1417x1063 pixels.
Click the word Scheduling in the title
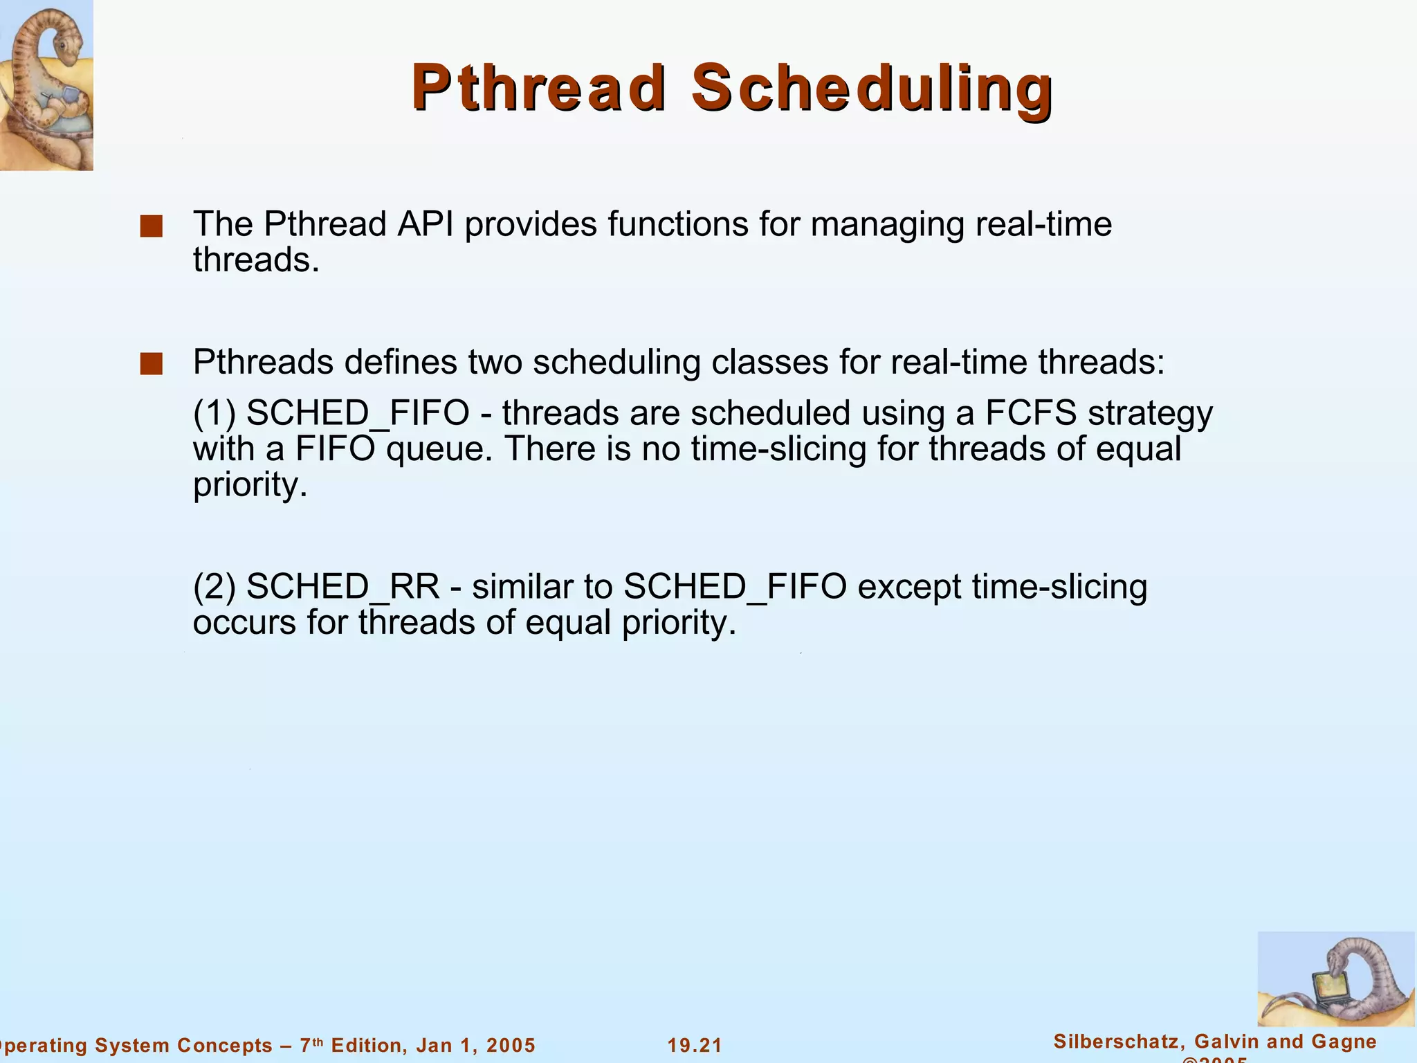pyautogui.click(x=872, y=89)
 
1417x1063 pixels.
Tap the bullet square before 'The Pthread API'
pyautogui.click(x=151, y=226)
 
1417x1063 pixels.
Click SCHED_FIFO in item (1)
pyautogui.click(x=358, y=413)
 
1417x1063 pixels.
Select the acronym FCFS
pyautogui.click(x=1030, y=413)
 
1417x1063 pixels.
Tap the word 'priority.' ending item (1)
pyautogui.click(x=250, y=485)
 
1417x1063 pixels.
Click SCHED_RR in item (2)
pyautogui.click(x=342, y=587)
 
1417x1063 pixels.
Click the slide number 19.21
pyautogui.click(x=695, y=1045)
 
